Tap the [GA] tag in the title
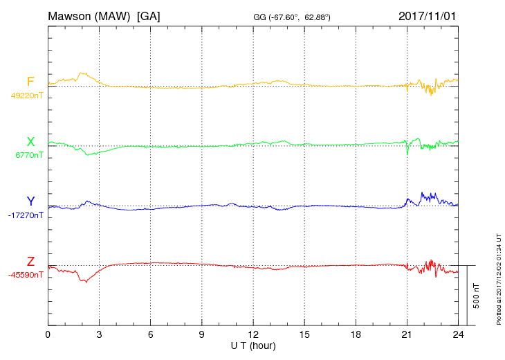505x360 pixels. pyautogui.click(x=149, y=15)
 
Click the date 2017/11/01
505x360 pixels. pyautogui.click(x=428, y=15)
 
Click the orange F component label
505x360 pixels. pyautogui.click(x=30, y=82)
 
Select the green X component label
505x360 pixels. pyautogui.click(x=30, y=143)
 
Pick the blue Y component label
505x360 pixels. pyautogui.click(x=30, y=202)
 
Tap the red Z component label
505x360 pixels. pyautogui.click(x=30, y=262)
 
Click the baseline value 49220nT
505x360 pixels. pyautogui.click(x=27, y=96)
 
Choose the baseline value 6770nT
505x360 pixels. pyautogui.click(x=29, y=155)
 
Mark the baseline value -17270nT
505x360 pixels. pyautogui.click(x=26, y=215)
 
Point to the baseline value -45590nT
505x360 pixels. pyautogui.click(x=26, y=275)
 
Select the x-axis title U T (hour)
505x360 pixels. pyautogui.click(x=253, y=345)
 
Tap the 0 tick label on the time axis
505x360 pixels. pyautogui.click(x=48, y=335)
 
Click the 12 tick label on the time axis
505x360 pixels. pyautogui.click(x=253, y=335)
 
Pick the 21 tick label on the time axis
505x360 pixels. pyautogui.click(x=407, y=335)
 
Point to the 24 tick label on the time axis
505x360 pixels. pyautogui.click(x=458, y=335)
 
